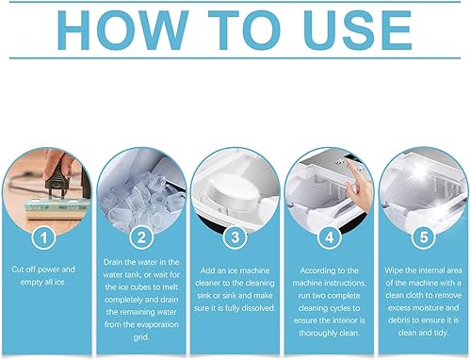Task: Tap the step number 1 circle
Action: [42, 237]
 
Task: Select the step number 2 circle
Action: [139, 237]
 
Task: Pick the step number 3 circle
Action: [235, 237]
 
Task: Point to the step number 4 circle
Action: [330, 237]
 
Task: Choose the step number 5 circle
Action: [425, 237]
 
